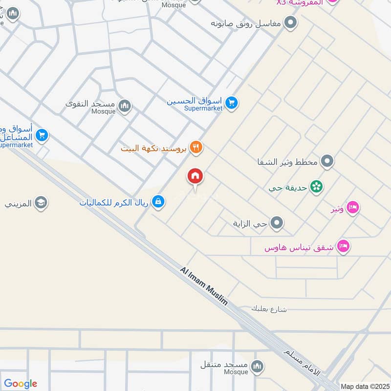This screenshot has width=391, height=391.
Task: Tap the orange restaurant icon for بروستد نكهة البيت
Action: point(196,147)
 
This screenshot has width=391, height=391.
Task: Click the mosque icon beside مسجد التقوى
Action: point(125,106)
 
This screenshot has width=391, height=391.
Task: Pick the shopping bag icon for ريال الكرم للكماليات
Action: point(158,200)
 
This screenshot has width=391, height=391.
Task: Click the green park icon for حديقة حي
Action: point(317,187)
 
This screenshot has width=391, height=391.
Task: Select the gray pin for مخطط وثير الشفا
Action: point(327,161)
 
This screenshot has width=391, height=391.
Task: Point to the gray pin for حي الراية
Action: point(277,223)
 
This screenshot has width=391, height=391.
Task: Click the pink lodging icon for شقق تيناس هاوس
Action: point(344,247)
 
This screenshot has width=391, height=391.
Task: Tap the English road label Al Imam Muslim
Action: point(204,286)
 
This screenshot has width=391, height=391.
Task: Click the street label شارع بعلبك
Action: point(269,309)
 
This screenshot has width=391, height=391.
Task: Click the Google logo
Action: point(21,384)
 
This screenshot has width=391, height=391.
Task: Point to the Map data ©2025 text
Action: point(364,386)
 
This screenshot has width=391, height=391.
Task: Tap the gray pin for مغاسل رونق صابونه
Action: point(291,23)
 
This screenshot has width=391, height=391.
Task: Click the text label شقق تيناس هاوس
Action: point(299,248)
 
